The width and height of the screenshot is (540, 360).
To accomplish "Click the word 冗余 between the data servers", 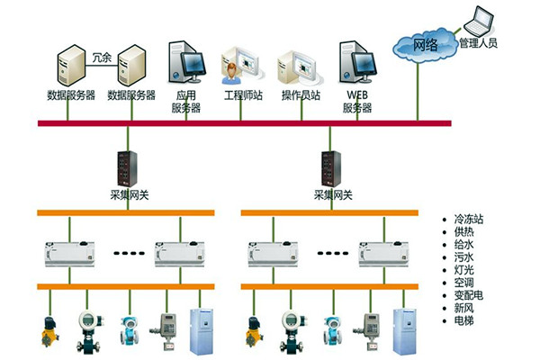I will pyautogui.click(x=102, y=57).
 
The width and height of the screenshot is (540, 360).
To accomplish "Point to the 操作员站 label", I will pyautogui.click(x=301, y=94).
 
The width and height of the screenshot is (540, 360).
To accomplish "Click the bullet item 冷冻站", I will pyautogui.click(x=472, y=219).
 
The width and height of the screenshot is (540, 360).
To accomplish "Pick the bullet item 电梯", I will pyautogui.click(x=465, y=319).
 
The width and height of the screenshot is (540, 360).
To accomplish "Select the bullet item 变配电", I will pyautogui.click(x=472, y=294).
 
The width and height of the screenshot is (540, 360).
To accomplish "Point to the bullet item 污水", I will pyautogui.click(x=465, y=256).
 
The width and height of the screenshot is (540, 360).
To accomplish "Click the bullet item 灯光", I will pyautogui.click(x=465, y=269).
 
